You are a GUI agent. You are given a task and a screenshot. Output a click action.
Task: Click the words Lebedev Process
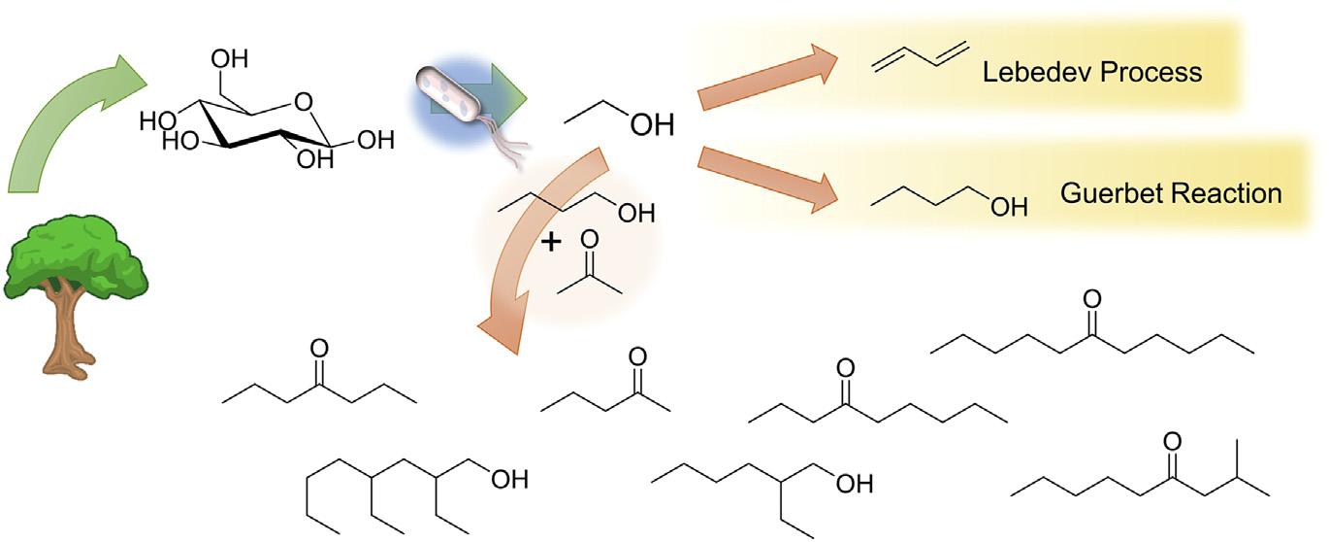pos(1091,72)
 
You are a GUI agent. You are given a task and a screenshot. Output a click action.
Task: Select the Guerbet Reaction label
pos(1171,192)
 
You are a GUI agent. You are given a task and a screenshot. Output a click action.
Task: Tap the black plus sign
pos(550,242)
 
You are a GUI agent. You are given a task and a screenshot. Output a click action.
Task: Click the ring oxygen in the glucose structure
pos(305,99)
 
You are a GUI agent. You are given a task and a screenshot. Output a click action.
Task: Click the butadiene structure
pos(906,55)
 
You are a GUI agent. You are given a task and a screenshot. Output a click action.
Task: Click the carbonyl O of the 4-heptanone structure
pos(319,349)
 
